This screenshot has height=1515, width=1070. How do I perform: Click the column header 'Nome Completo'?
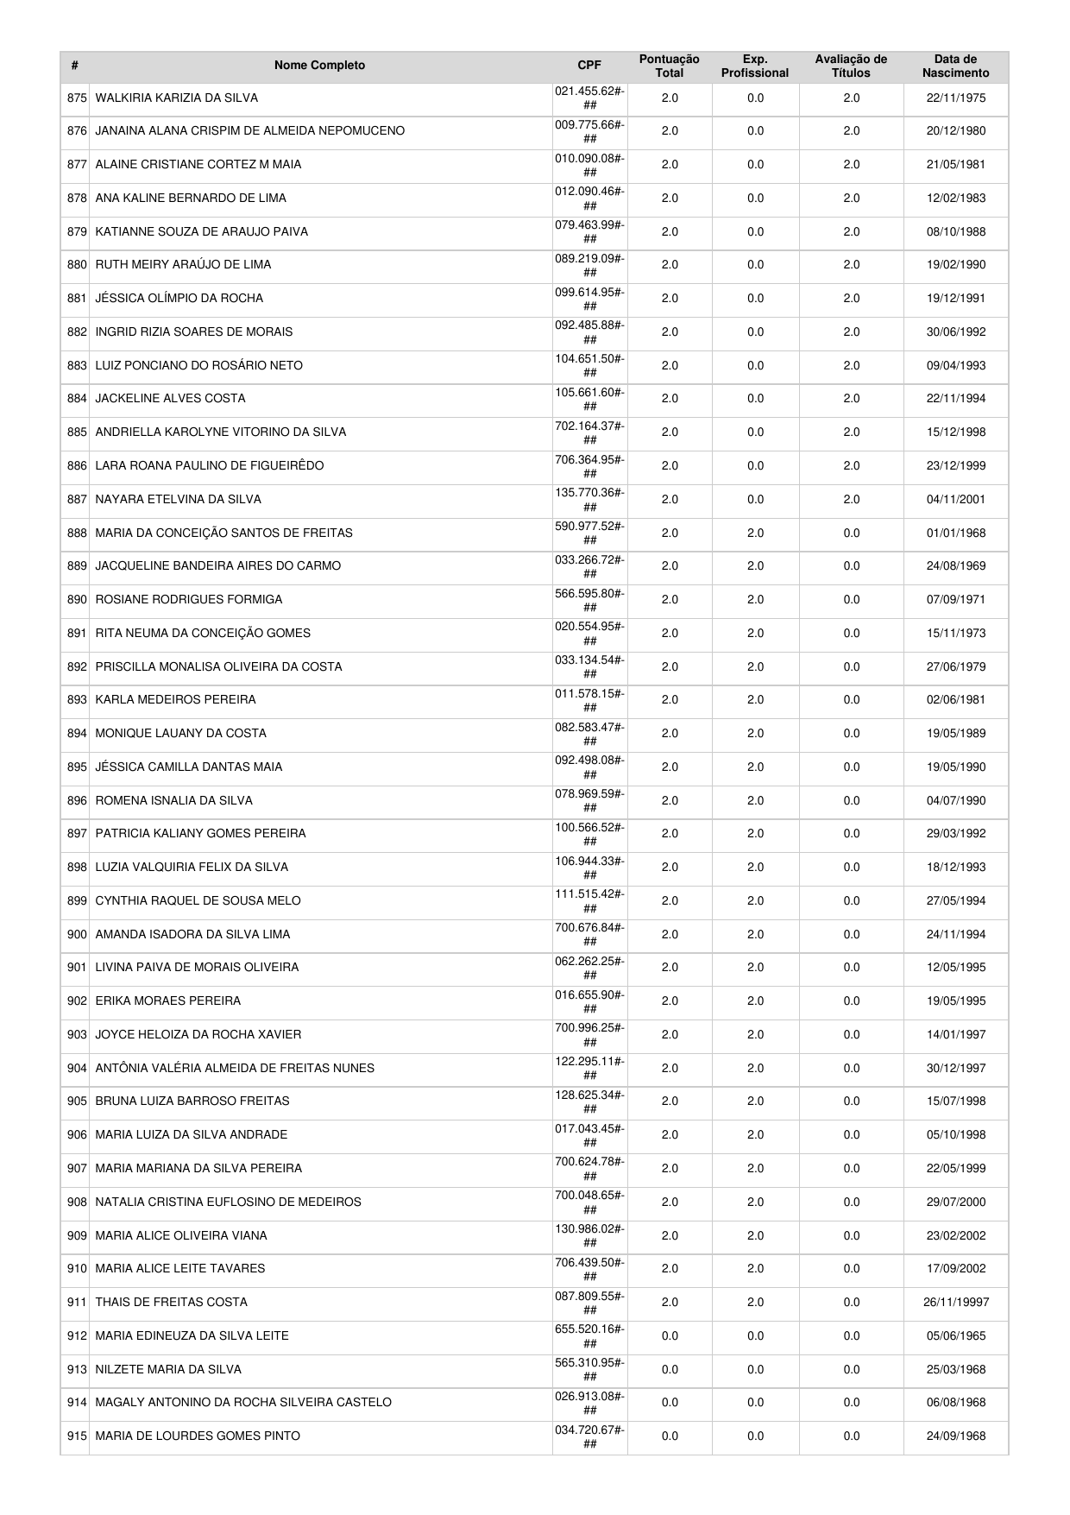(x=319, y=66)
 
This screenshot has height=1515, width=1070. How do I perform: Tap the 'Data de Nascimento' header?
(x=955, y=66)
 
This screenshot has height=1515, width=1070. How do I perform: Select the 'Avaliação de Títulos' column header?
(x=851, y=66)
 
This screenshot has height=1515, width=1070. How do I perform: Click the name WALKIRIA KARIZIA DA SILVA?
(x=176, y=98)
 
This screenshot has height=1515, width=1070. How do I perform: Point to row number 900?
(x=77, y=934)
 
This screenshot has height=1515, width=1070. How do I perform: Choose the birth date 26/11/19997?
(x=955, y=1302)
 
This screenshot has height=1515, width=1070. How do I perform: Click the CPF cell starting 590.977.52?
(x=589, y=533)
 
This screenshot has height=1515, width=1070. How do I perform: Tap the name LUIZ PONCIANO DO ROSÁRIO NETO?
(x=198, y=365)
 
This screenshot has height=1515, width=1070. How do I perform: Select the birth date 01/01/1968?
(x=955, y=533)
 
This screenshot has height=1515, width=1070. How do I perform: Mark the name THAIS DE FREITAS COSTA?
(x=171, y=1302)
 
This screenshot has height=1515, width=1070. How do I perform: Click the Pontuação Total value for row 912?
(x=669, y=1335)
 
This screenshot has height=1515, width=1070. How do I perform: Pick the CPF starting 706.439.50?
(x=589, y=1268)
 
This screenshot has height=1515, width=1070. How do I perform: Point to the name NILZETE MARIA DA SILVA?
(x=168, y=1369)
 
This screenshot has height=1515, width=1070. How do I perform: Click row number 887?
(x=77, y=499)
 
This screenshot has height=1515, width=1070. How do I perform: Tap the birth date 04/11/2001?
(x=955, y=499)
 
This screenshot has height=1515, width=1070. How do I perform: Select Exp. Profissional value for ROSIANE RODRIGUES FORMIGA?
(x=755, y=599)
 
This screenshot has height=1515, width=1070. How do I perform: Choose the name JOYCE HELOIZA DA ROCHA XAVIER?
(x=198, y=1034)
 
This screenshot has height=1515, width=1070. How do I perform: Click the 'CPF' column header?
(x=589, y=66)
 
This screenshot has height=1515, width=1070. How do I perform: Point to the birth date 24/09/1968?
(x=955, y=1436)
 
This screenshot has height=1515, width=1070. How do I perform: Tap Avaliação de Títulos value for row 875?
(x=851, y=98)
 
